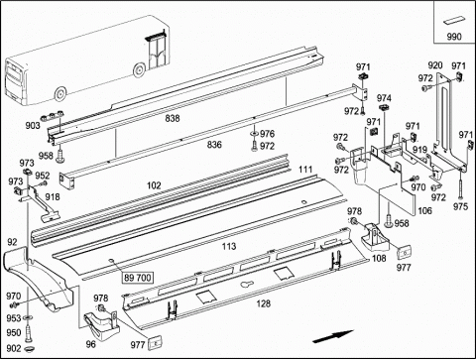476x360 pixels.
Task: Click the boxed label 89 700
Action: [x=138, y=278]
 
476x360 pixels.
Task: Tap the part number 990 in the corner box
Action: [x=454, y=37]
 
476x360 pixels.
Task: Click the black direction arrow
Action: [x=333, y=336]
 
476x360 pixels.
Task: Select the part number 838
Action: [x=173, y=118]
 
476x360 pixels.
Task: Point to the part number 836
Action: [x=214, y=145]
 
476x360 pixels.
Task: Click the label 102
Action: [x=154, y=185]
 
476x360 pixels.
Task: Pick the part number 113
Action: [x=229, y=246]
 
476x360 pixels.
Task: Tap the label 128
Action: [x=264, y=303]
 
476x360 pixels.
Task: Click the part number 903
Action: [x=33, y=125]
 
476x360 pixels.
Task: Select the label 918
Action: [x=53, y=197]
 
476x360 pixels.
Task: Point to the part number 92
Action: [x=12, y=242]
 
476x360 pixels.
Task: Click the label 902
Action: [x=14, y=348]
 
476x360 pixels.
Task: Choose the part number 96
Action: [x=90, y=344]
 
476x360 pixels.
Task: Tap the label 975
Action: [x=461, y=206]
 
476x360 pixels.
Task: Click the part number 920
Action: [x=435, y=65]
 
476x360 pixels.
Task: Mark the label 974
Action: [x=384, y=98]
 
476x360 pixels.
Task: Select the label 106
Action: [x=424, y=210]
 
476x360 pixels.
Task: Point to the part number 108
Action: [x=379, y=258]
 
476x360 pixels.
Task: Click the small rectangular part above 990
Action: [x=454, y=20]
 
